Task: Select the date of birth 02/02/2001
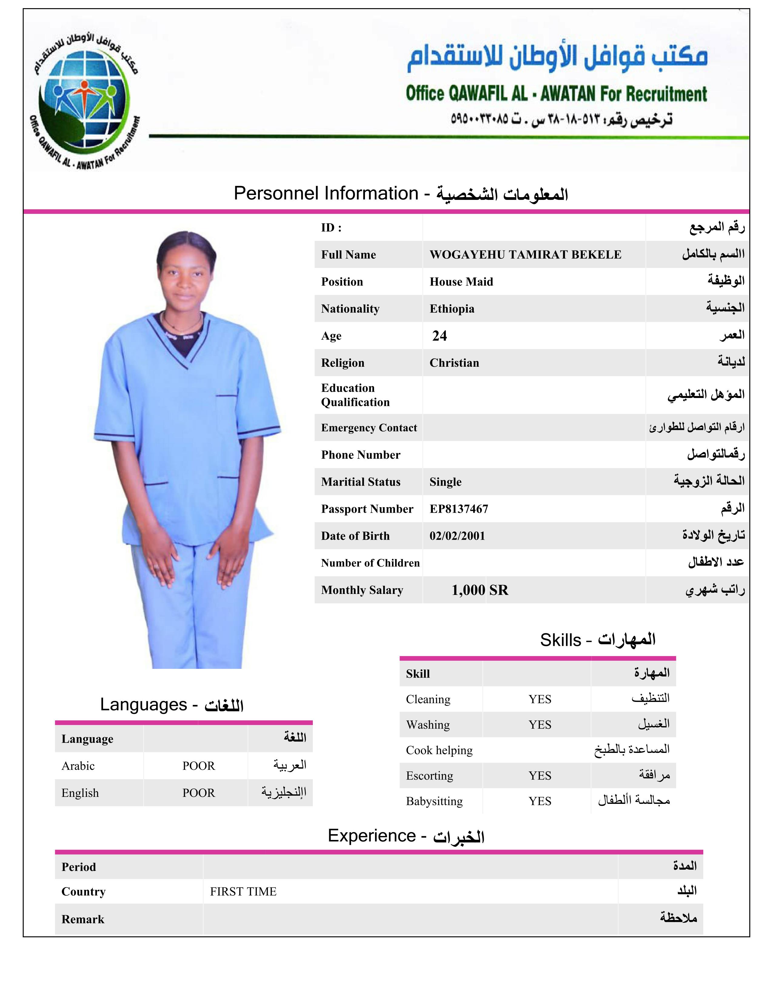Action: [x=457, y=536]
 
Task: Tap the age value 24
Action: [x=439, y=336]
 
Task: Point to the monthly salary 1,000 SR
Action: [x=480, y=590]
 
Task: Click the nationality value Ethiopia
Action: [x=452, y=309]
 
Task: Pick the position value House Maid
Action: [x=461, y=282]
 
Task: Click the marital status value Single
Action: [x=445, y=482]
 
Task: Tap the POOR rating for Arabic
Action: [x=198, y=766]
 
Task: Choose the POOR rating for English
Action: [x=198, y=793]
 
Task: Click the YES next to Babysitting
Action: [x=540, y=801]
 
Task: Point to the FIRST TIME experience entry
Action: [x=243, y=891]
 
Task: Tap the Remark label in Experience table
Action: [x=83, y=919]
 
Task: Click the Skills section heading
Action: [x=597, y=640]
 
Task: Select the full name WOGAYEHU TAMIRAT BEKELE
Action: [x=525, y=255]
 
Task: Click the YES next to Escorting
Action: [x=540, y=776]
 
